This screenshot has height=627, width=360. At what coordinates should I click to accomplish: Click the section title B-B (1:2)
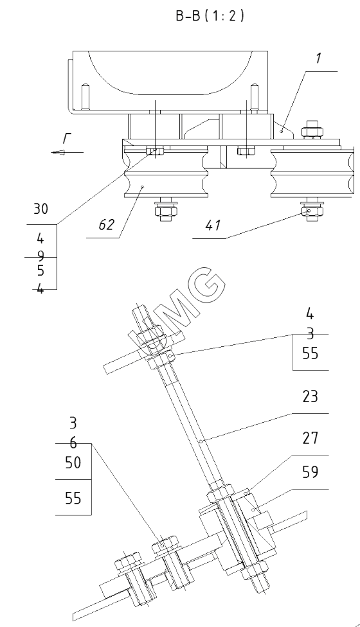point(210,15)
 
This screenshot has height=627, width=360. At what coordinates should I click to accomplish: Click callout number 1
point(318,58)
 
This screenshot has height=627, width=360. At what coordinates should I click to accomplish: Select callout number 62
point(107,225)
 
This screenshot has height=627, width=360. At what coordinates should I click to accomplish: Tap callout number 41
point(213,225)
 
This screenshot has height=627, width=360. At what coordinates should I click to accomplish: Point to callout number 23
point(310,396)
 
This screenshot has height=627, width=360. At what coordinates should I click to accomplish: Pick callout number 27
point(310,438)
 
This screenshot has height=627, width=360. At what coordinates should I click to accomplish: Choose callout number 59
point(310,472)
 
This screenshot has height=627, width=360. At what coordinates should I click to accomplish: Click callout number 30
point(40,209)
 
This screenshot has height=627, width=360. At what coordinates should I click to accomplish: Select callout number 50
point(73,463)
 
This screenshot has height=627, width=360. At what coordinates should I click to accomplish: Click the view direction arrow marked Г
point(67,152)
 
